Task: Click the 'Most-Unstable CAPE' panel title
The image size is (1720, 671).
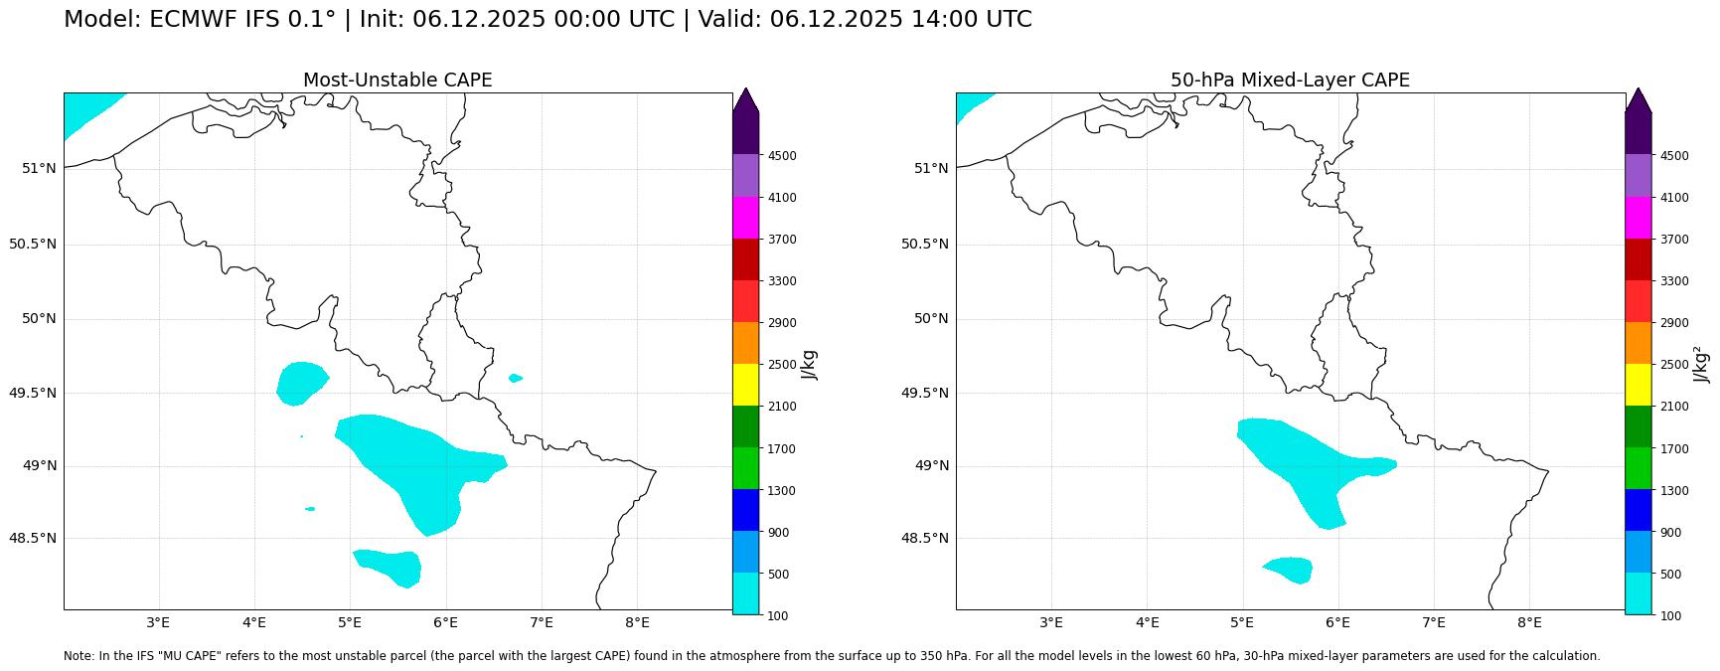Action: (397, 81)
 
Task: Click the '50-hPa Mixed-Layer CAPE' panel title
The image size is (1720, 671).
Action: (1290, 81)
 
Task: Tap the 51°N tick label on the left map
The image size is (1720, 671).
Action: (39, 168)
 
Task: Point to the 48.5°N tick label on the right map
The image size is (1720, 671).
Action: (925, 538)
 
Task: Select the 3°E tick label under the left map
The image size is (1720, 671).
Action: (158, 623)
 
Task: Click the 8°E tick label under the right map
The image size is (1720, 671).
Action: (1529, 623)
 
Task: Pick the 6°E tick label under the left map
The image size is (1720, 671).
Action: (445, 623)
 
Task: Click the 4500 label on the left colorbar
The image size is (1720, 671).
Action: (782, 156)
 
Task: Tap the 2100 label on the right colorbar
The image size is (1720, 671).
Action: (1674, 407)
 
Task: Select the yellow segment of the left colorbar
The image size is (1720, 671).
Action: (745, 385)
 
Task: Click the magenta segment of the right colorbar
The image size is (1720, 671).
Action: (1638, 218)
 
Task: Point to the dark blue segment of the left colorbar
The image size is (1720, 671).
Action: (745, 510)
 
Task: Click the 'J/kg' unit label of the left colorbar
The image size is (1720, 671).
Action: (810, 365)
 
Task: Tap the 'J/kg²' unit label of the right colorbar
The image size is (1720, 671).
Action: (1702, 365)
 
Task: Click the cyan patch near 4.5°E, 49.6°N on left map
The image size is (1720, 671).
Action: (301, 383)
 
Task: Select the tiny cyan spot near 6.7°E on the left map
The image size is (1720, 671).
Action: (515, 378)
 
